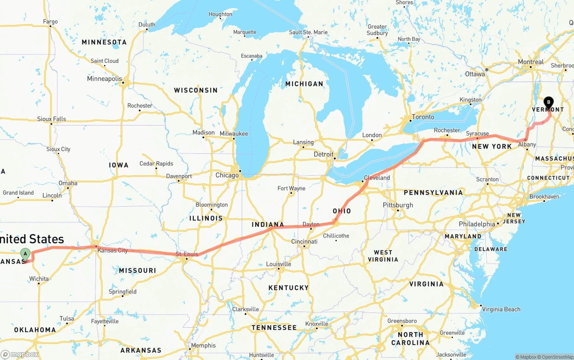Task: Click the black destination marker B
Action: coord(548,103)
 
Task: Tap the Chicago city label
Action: coord(227,175)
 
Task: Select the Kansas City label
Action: coord(113,250)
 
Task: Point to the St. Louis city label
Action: coord(187,255)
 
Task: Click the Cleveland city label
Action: coord(377,178)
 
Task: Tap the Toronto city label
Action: coord(423,117)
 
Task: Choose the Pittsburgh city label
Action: coord(398,205)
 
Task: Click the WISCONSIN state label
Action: coord(196,90)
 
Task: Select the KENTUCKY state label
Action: coord(288,287)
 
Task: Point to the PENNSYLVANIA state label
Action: coord(433,192)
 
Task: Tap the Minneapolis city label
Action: coord(104,79)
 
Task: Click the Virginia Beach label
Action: coord(500,309)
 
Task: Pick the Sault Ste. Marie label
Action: coord(308,32)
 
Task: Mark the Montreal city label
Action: coord(531,62)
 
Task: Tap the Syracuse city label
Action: coord(477,134)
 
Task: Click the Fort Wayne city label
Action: coord(291,188)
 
